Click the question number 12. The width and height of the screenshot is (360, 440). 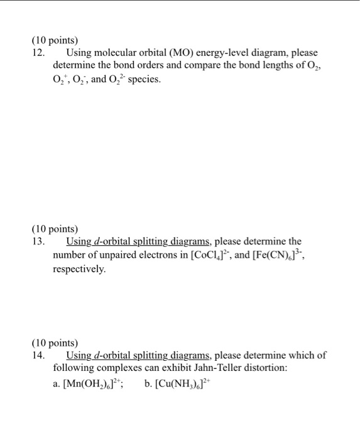(x=38, y=53)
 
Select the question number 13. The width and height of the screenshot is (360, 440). (x=38, y=241)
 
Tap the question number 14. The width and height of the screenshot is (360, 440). (x=38, y=355)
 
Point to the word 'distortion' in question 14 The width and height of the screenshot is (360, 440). (x=277, y=368)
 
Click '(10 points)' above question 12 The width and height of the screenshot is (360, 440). (x=55, y=40)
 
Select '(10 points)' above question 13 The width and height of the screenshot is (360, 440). (x=55, y=228)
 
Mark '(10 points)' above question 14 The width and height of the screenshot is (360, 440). (x=55, y=342)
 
